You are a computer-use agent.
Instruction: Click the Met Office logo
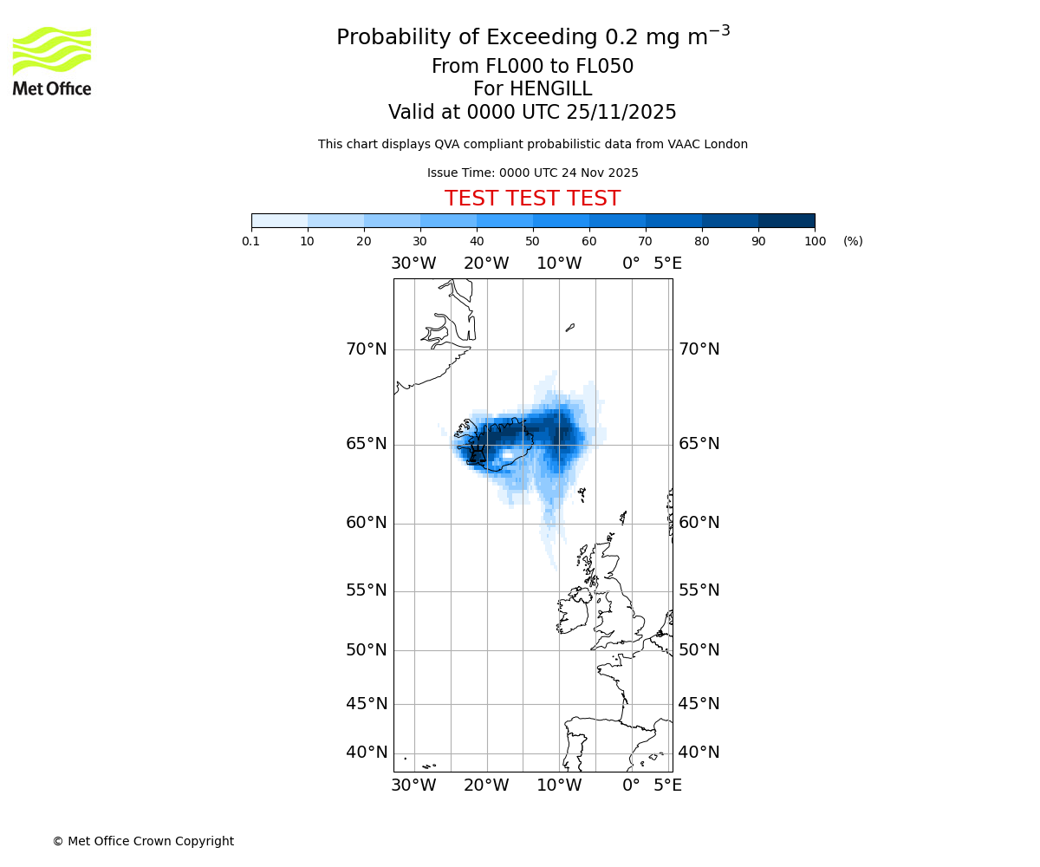coord(52,61)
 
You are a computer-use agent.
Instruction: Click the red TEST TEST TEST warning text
coord(532,199)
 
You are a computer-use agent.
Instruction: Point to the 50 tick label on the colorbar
coord(532,241)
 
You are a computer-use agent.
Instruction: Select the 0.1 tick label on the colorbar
coord(251,241)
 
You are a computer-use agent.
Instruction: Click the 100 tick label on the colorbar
coord(815,241)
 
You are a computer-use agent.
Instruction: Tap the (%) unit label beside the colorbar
coord(853,241)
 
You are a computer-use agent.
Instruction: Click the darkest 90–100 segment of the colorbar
coord(786,220)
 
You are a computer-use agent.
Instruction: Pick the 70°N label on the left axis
coord(367,349)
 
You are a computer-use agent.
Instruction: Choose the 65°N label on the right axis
coord(699,444)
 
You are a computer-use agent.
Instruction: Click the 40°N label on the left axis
coord(367,753)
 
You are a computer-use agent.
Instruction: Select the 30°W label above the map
coord(413,264)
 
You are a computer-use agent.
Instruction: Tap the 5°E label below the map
coord(667,786)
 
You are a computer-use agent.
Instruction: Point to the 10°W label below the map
coord(559,786)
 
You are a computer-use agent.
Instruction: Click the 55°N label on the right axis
coord(699,590)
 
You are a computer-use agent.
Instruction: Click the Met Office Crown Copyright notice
coord(143,841)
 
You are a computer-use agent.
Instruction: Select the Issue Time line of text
coord(532,173)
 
